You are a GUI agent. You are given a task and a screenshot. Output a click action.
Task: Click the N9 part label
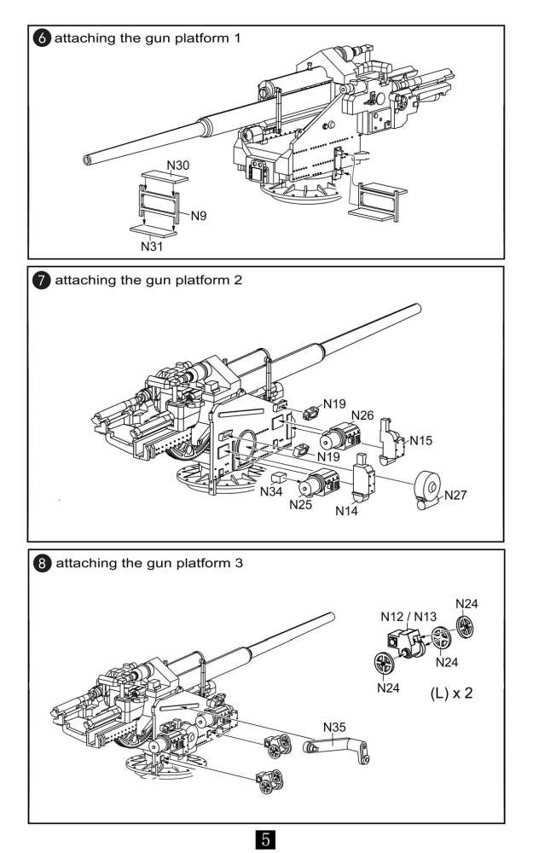coord(199,216)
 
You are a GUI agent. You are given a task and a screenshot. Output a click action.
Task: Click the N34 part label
coord(271,492)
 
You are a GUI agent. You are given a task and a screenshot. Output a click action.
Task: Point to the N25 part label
coord(300,505)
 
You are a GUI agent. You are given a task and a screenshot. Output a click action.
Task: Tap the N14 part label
coord(347,510)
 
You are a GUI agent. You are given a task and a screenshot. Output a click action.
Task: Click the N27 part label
coord(456,494)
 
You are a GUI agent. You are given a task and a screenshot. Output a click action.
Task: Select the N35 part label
coord(335,727)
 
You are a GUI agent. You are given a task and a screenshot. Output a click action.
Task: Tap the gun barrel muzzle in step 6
coord(89,160)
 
